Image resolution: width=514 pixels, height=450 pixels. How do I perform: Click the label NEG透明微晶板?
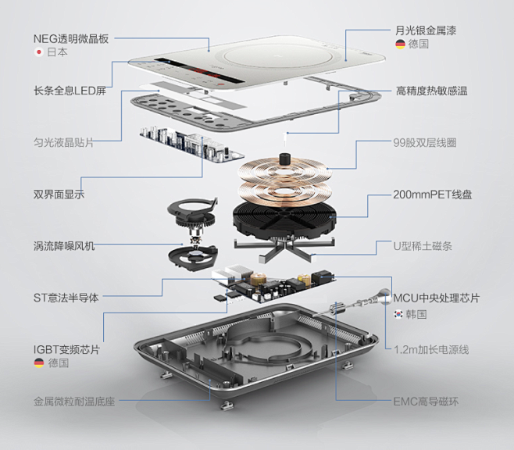click(71, 39)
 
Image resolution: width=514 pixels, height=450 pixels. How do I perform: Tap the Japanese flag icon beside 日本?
click(39, 52)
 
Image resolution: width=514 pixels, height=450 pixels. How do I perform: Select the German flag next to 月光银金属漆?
click(400, 44)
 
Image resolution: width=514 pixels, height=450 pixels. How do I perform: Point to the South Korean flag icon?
click(398, 314)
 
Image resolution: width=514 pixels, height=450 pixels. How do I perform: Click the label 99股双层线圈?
click(425, 143)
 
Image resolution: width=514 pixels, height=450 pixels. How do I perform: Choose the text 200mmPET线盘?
click(433, 195)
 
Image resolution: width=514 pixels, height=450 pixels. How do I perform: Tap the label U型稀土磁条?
click(423, 246)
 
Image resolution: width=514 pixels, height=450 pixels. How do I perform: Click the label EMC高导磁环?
click(426, 401)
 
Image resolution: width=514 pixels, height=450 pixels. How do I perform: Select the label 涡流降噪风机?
click(64, 246)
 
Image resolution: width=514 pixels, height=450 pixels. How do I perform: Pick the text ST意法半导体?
click(66, 298)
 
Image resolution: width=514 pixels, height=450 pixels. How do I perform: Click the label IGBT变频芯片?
click(66, 349)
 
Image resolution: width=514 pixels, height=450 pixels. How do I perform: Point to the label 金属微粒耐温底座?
click(74, 401)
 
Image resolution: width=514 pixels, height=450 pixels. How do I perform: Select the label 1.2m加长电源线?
click(431, 349)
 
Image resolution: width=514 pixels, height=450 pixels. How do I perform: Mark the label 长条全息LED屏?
click(70, 91)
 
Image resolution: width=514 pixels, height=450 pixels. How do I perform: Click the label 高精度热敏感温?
click(431, 91)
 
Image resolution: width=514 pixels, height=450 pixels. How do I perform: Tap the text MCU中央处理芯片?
click(437, 298)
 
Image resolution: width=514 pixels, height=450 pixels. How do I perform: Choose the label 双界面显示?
click(59, 195)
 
